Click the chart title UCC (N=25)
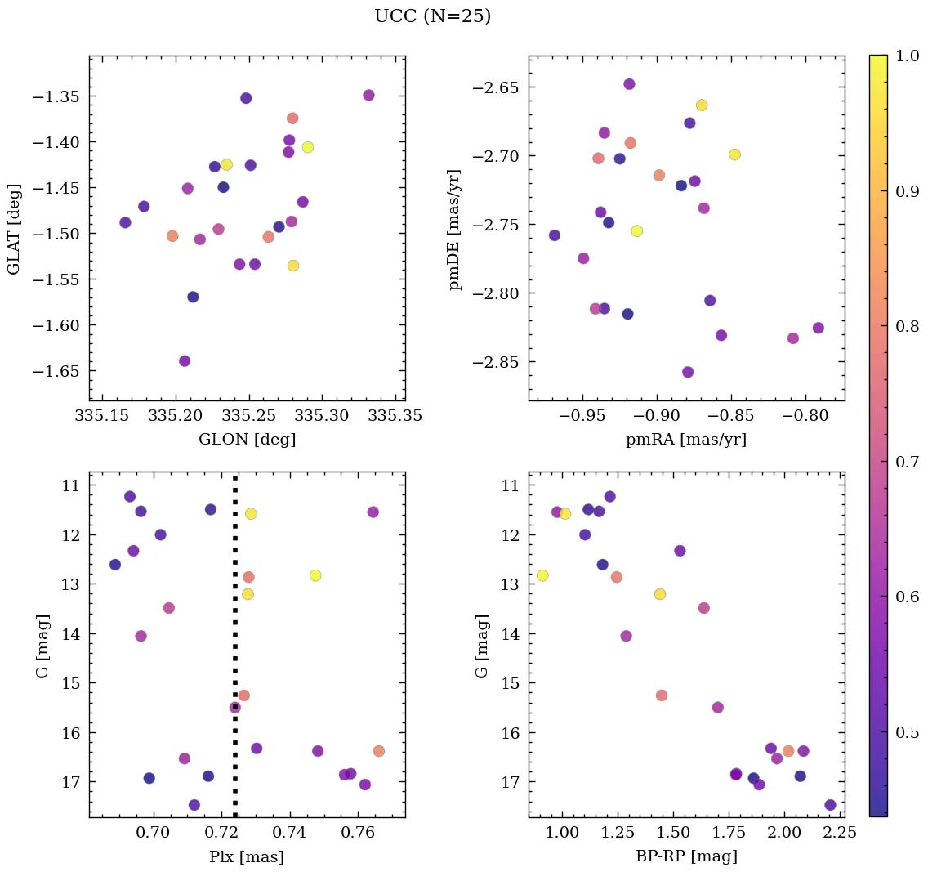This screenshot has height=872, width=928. (x=432, y=16)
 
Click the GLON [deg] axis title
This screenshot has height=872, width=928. (x=247, y=440)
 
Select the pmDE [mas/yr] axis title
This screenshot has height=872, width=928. (x=455, y=229)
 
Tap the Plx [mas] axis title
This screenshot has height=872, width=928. (x=247, y=857)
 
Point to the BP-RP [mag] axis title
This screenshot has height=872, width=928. (x=686, y=857)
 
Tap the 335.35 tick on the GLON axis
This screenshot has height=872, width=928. (x=395, y=416)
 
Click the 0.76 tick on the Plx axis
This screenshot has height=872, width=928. (x=357, y=833)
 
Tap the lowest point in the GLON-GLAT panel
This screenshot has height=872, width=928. (x=185, y=361)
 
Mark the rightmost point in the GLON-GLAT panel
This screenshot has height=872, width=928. (x=368, y=95)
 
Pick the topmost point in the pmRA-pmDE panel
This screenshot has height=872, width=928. (x=629, y=84)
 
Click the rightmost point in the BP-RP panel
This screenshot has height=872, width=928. (x=830, y=805)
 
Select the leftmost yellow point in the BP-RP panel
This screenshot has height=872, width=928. (x=542, y=575)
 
